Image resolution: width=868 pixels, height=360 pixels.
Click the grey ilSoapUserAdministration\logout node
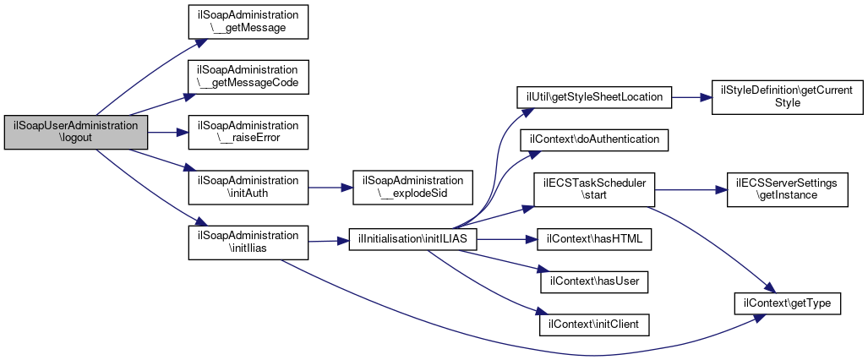click(x=76, y=133)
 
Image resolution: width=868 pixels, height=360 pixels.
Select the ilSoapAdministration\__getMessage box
click(x=248, y=22)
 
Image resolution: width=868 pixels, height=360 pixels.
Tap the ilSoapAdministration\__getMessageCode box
click(x=248, y=77)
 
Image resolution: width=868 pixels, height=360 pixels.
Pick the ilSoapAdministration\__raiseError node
click(x=248, y=133)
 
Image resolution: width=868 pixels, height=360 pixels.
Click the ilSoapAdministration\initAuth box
click(x=248, y=188)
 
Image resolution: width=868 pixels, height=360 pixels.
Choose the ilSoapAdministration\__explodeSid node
click(x=412, y=188)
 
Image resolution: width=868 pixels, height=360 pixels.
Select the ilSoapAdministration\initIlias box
click(x=248, y=242)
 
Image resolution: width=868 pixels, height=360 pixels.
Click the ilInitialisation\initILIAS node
click(x=413, y=239)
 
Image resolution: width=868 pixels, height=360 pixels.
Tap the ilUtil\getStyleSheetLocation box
click(x=593, y=97)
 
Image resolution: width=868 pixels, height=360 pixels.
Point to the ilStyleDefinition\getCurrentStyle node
click(x=787, y=97)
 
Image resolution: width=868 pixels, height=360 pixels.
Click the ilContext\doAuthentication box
click(x=593, y=139)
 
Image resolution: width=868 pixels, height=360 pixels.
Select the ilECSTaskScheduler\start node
click(x=593, y=190)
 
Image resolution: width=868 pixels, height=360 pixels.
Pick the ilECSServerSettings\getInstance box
click(x=787, y=190)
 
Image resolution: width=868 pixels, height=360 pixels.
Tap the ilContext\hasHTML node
click(x=593, y=239)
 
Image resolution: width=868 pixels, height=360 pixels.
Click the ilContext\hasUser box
click(x=593, y=281)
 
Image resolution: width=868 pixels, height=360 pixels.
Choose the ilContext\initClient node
click(x=593, y=324)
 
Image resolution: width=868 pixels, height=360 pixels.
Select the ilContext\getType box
click(x=787, y=303)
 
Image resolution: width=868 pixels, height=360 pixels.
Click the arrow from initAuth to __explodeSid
click(x=330, y=188)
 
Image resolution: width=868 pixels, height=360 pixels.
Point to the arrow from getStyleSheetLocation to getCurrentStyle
click(x=691, y=97)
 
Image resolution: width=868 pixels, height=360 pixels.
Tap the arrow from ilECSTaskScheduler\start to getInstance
click(x=691, y=190)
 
